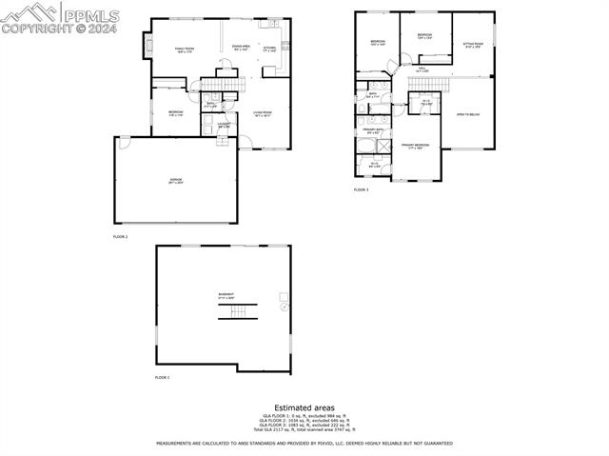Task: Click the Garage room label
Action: tap(175, 180)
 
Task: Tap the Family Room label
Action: tap(184, 50)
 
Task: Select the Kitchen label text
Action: tap(269, 49)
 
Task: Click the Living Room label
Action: tap(263, 115)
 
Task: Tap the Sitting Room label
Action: tap(473, 45)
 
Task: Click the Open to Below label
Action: tap(468, 115)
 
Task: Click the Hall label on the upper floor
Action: tap(422, 69)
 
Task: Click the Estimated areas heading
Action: tap(304, 407)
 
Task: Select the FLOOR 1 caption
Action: tap(162, 377)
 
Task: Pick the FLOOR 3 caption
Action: tap(361, 189)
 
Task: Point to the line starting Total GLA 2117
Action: tap(304, 429)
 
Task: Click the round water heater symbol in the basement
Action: tap(284, 307)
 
